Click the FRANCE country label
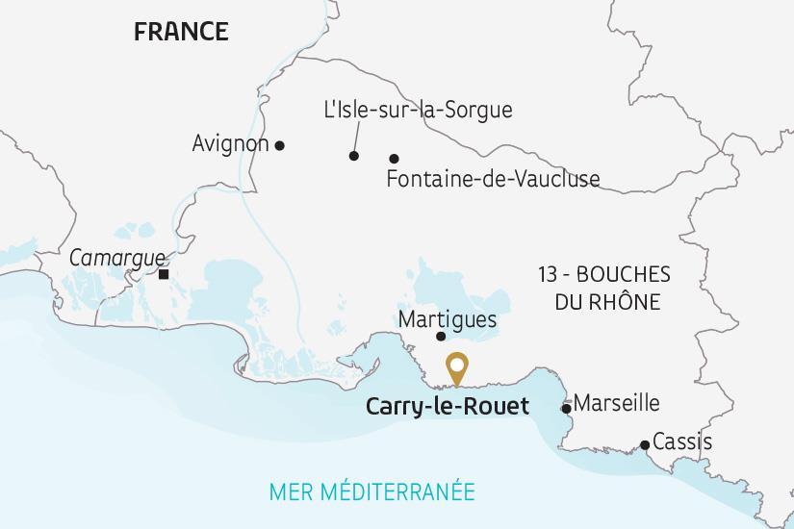[181, 32]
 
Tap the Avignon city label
[230, 144]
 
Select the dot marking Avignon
[280, 146]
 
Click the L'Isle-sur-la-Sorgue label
[419, 111]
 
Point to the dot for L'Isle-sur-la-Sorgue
[354, 156]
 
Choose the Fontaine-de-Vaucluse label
[492, 179]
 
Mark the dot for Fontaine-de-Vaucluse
[394, 159]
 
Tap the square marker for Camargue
[164, 274]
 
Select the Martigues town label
[447, 318]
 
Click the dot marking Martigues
[441, 337]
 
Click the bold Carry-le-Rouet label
[448, 407]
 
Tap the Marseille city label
[616, 403]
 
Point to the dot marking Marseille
[566, 409]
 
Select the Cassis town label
[682, 442]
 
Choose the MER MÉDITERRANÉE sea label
[372, 491]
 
